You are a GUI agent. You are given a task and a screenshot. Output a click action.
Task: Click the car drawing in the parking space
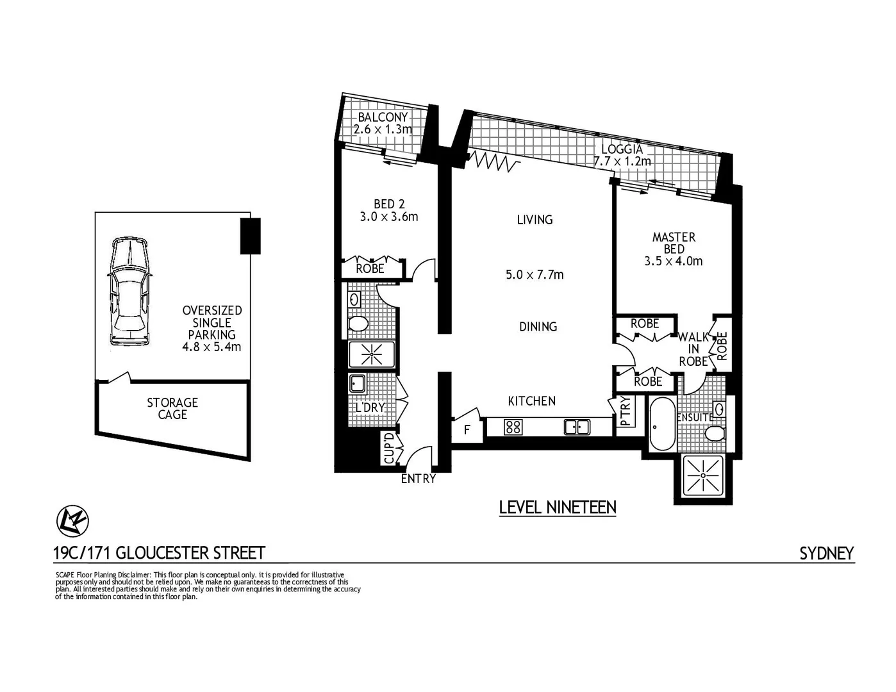(x=130, y=291)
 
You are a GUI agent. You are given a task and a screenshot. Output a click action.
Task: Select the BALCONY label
(x=383, y=117)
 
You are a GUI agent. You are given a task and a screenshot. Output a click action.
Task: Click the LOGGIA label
(x=622, y=149)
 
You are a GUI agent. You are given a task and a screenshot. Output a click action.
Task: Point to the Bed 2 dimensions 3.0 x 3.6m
(x=388, y=217)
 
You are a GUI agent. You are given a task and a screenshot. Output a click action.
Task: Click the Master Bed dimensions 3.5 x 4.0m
(x=673, y=261)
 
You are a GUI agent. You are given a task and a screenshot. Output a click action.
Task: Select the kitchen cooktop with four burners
(x=513, y=427)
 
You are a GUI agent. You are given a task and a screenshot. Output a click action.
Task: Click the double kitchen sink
(x=577, y=427)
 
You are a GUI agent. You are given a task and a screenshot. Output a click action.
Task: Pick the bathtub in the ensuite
(x=661, y=424)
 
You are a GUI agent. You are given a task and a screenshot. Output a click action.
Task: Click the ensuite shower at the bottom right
(x=703, y=475)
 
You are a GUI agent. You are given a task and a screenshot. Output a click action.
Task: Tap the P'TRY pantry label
(x=626, y=412)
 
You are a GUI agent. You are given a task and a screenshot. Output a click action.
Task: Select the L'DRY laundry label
(x=370, y=407)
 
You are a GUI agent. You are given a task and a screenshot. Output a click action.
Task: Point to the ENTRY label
(x=418, y=479)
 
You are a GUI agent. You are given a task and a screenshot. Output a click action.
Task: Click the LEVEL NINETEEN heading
(x=557, y=507)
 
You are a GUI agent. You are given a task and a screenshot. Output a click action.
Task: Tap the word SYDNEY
(x=826, y=554)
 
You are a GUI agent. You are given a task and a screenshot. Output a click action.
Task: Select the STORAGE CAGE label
(x=172, y=408)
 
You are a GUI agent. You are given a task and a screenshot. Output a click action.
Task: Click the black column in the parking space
(x=250, y=236)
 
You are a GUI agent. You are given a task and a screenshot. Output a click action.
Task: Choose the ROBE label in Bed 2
(x=370, y=268)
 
